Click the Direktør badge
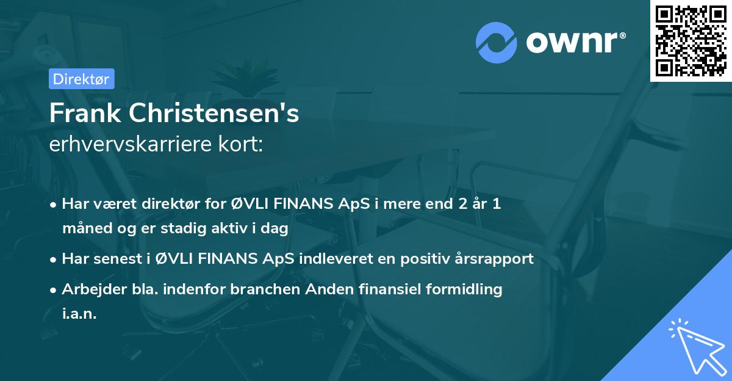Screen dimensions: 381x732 click(x=81, y=79)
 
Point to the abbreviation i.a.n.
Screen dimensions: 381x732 click(x=79, y=314)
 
